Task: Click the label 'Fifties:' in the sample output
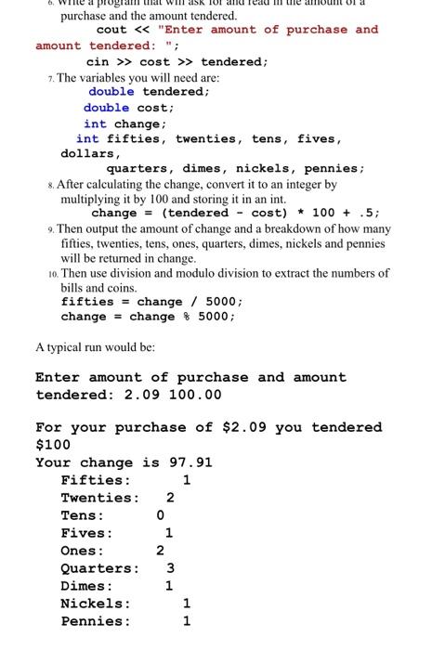96,480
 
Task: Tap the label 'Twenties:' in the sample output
99,498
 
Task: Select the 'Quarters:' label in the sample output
99,568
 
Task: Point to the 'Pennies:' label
96,621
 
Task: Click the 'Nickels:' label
96,604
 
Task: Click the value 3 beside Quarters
170,568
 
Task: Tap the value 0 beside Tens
161,515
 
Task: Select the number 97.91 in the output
190,462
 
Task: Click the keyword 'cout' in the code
111,30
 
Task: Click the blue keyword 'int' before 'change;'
95,123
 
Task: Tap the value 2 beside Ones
160,551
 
